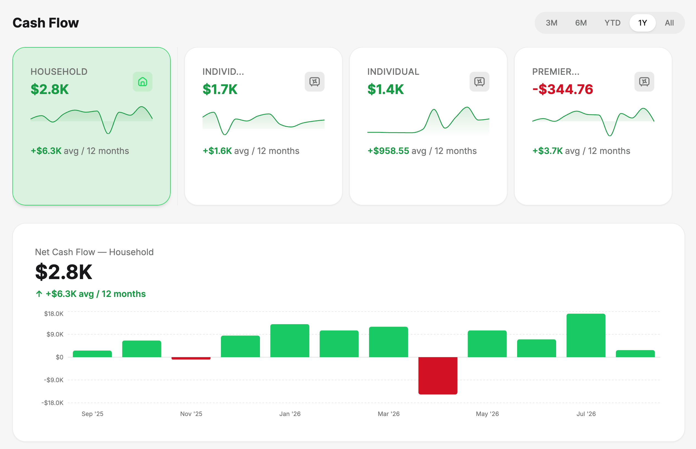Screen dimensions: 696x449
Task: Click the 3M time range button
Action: (x=551, y=23)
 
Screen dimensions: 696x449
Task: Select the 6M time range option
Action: (x=581, y=23)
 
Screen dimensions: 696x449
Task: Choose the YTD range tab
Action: (x=612, y=23)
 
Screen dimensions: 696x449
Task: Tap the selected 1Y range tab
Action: (x=642, y=23)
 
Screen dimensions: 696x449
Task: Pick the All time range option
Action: (x=669, y=23)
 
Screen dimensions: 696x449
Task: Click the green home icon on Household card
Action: (x=142, y=82)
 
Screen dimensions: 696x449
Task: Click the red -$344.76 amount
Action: (x=562, y=89)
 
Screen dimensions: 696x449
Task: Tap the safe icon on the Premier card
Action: (x=644, y=82)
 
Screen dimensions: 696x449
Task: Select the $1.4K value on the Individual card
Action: (x=386, y=89)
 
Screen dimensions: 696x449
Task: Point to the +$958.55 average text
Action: (x=388, y=151)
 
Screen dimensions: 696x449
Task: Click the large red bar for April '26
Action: (x=438, y=376)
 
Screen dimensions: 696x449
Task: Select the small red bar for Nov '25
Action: (x=191, y=358)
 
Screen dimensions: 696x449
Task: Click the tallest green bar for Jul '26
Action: (x=586, y=335)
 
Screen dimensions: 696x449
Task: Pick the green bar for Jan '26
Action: (x=290, y=341)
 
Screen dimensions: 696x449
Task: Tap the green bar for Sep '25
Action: (x=92, y=354)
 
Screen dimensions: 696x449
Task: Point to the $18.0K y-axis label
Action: (x=54, y=314)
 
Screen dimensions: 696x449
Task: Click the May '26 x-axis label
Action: (x=487, y=414)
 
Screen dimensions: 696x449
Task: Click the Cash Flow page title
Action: (x=46, y=23)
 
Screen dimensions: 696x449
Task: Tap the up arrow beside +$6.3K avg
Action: (x=39, y=294)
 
